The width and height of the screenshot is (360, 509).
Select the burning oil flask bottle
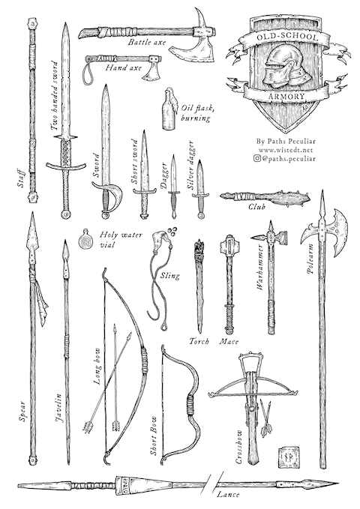click(169, 109)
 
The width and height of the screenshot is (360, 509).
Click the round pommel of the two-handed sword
click(66, 214)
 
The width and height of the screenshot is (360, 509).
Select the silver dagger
click(199, 189)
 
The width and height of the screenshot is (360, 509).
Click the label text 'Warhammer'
click(260, 267)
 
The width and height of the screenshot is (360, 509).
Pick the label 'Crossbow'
click(238, 447)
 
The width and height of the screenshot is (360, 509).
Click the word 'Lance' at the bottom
click(228, 495)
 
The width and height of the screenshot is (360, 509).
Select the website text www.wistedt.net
click(285, 150)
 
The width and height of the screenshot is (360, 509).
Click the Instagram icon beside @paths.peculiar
click(257, 158)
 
